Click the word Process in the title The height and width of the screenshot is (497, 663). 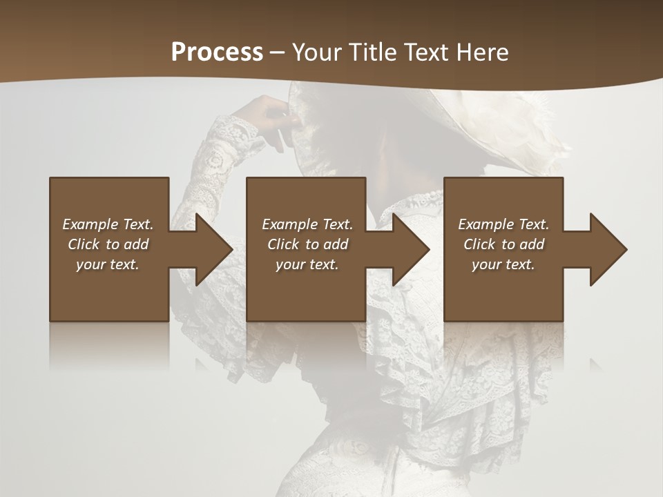217,52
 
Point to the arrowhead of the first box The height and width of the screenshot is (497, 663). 211,249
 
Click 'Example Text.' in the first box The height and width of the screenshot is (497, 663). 108,224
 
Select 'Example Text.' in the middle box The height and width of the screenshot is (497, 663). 307,224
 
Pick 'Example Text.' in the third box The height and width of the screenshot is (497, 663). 503,224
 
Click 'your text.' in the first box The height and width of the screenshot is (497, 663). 108,264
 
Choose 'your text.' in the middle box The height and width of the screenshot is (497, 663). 307,264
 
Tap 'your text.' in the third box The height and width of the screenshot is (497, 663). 503,264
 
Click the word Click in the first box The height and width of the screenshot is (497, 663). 84,244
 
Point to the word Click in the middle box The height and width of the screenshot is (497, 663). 283,244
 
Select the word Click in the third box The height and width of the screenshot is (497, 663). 479,244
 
